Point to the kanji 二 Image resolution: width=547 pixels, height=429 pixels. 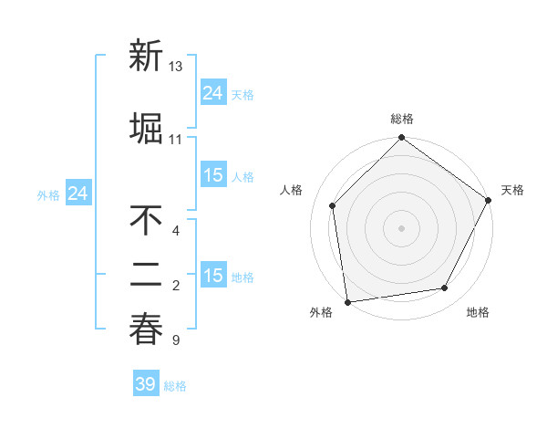pyautogui.click(x=146, y=273)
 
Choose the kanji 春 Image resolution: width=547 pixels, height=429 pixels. pyautogui.click(x=146, y=329)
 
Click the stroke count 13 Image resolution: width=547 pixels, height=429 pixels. pyautogui.click(x=176, y=67)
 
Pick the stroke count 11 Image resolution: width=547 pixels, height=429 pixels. pyautogui.click(x=175, y=140)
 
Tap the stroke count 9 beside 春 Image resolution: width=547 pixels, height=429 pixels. pyautogui.click(x=175, y=341)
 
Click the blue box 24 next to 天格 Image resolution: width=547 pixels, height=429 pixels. pyautogui.click(x=213, y=93)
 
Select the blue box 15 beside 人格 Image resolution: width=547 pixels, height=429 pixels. pyautogui.click(x=213, y=175)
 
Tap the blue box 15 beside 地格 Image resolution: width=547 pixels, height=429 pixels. pyautogui.click(x=213, y=276)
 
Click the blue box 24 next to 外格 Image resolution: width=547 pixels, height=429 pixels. pyautogui.click(x=78, y=194)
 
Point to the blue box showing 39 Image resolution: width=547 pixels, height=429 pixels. pyautogui.click(x=145, y=384)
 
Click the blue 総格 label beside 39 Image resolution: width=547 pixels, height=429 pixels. pyautogui.click(x=175, y=386)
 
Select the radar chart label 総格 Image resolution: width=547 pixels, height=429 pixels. pyautogui.click(x=401, y=120)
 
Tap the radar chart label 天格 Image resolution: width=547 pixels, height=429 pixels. pyautogui.click(x=512, y=190)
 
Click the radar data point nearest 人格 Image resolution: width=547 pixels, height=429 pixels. pyautogui.click(x=333, y=205)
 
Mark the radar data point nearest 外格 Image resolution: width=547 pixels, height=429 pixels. pyautogui.click(x=347, y=301)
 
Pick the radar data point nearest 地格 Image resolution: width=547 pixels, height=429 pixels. pyautogui.click(x=445, y=288)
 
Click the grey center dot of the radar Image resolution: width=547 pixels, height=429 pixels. pyautogui.click(x=401, y=227)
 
